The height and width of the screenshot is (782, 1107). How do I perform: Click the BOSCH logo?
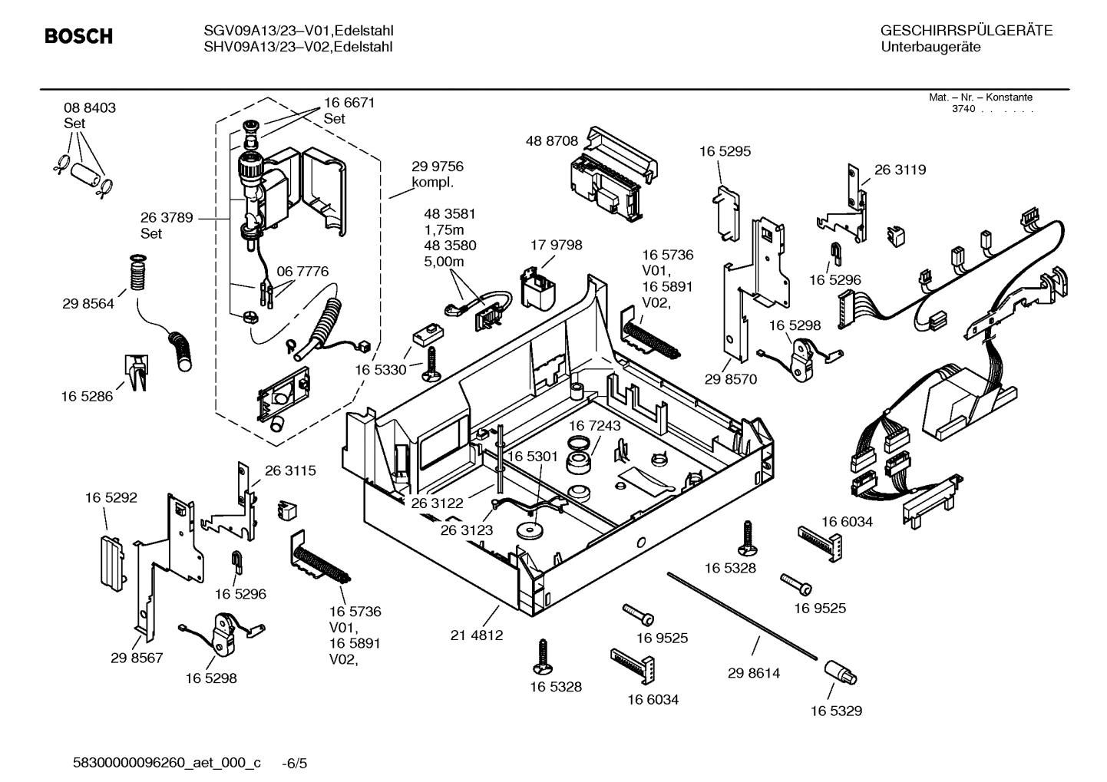(78, 37)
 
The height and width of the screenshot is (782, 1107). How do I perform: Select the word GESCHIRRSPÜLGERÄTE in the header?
(966, 31)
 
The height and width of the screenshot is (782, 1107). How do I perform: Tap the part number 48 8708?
(551, 141)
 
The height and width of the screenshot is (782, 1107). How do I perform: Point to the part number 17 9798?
(556, 246)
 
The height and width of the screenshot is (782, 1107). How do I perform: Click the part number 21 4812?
(476, 635)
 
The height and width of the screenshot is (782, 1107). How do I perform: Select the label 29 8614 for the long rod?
(753, 673)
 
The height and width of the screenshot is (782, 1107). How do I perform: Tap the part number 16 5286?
(87, 397)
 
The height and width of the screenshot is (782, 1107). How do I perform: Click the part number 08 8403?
(90, 108)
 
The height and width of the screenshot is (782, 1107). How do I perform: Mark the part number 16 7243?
(594, 425)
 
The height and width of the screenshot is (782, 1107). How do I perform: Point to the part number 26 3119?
(900, 170)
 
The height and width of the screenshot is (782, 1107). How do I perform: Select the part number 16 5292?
(111, 498)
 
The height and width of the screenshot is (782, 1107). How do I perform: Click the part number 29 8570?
(730, 379)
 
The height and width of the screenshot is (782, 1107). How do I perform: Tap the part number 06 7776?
(302, 272)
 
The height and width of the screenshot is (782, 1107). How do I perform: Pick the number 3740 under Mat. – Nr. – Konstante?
(963, 109)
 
